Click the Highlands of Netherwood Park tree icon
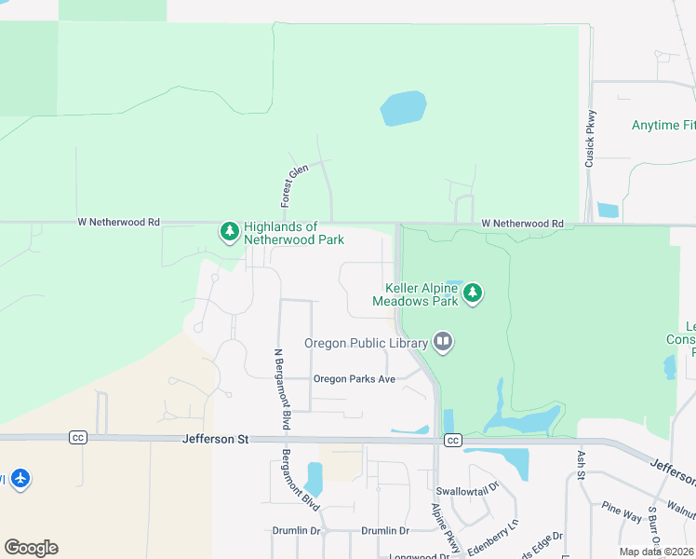[230, 231]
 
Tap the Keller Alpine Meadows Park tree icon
[474, 294]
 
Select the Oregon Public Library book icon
[443, 343]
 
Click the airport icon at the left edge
[20, 479]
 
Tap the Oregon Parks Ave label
[355, 379]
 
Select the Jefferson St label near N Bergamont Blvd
[216, 438]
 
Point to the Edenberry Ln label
[491, 539]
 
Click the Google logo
[31, 547]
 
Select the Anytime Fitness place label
[663, 125]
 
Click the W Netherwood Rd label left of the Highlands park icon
[118, 223]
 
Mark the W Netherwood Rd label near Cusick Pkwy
[522, 224]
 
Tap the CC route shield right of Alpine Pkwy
[453, 440]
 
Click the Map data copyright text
[657, 552]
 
